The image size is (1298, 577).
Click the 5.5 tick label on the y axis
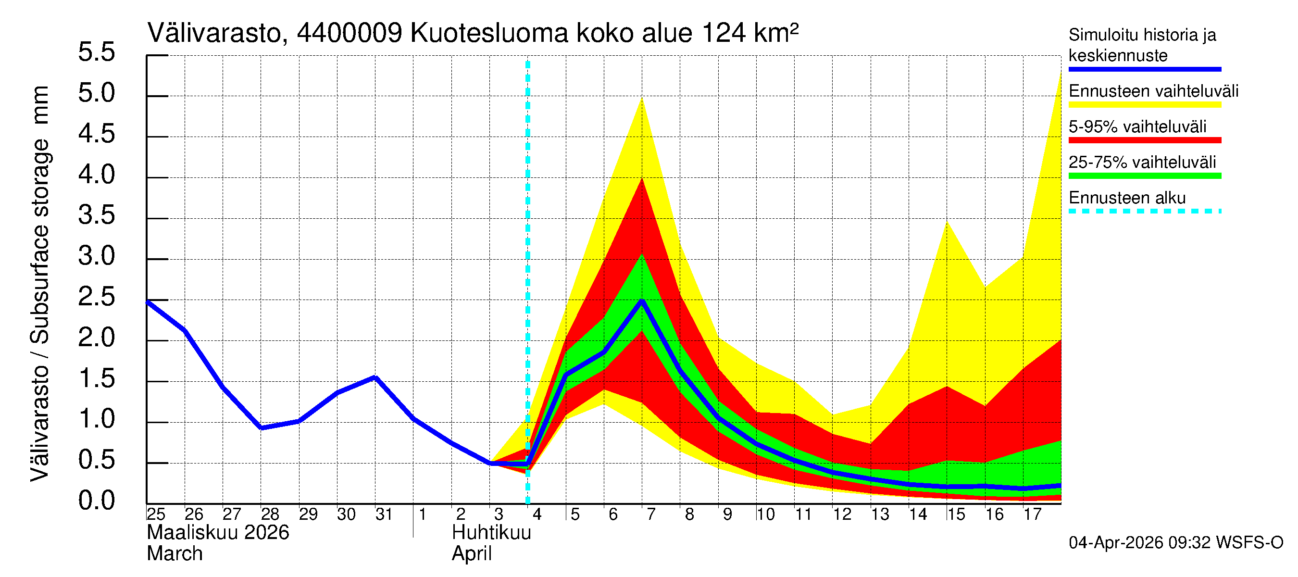pyautogui.click(x=96, y=52)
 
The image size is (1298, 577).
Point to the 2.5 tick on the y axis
pyautogui.click(x=96, y=297)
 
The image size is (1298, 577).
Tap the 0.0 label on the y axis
pyautogui.click(x=96, y=501)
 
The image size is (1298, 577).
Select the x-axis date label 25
pyautogui.click(x=156, y=514)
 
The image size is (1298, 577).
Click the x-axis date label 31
pyautogui.click(x=384, y=514)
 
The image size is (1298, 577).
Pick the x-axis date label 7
pyautogui.click(x=651, y=514)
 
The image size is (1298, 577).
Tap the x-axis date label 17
pyautogui.click(x=1032, y=514)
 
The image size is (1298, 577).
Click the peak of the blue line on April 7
pyautogui.click(x=642, y=301)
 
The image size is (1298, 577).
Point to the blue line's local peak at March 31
pyautogui.click(x=375, y=377)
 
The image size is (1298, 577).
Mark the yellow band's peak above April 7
pyautogui.click(x=642, y=98)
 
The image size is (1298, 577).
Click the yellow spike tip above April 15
pyautogui.click(x=947, y=221)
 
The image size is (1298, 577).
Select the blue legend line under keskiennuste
pyautogui.click(x=1144, y=69)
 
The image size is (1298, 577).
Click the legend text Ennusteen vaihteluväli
pyautogui.click(x=1153, y=91)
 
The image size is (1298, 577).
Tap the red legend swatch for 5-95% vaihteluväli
pyautogui.click(x=1144, y=140)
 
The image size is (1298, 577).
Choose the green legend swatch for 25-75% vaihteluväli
pyautogui.click(x=1144, y=176)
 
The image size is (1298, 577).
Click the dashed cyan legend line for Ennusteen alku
pyautogui.click(x=1144, y=211)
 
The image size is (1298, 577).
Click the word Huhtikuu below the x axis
pyautogui.click(x=491, y=533)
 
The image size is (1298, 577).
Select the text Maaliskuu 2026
pyautogui.click(x=218, y=533)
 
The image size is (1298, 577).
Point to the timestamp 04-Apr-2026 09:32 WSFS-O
pyautogui.click(x=1175, y=543)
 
